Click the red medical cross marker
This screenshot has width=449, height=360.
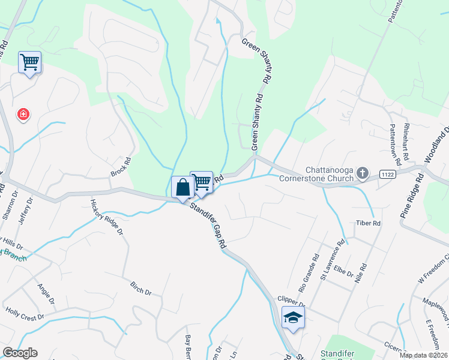(x=23, y=114)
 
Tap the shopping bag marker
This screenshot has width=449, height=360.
(x=182, y=187)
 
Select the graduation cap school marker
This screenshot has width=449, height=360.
(x=292, y=317)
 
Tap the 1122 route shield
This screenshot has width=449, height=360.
(x=387, y=174)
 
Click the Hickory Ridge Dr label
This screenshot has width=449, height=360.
(x=106, y=217)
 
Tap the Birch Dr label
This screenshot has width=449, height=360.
(x=140, y=287)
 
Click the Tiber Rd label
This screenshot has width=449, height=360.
(x=369, y=223)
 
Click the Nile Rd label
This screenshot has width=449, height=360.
(x=361, y=274)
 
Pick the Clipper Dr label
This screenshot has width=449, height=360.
(x=291, y=300)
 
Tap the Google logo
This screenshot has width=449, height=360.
(x=20, y=353)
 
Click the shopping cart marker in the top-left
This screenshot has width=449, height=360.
(x=30, y=62)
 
